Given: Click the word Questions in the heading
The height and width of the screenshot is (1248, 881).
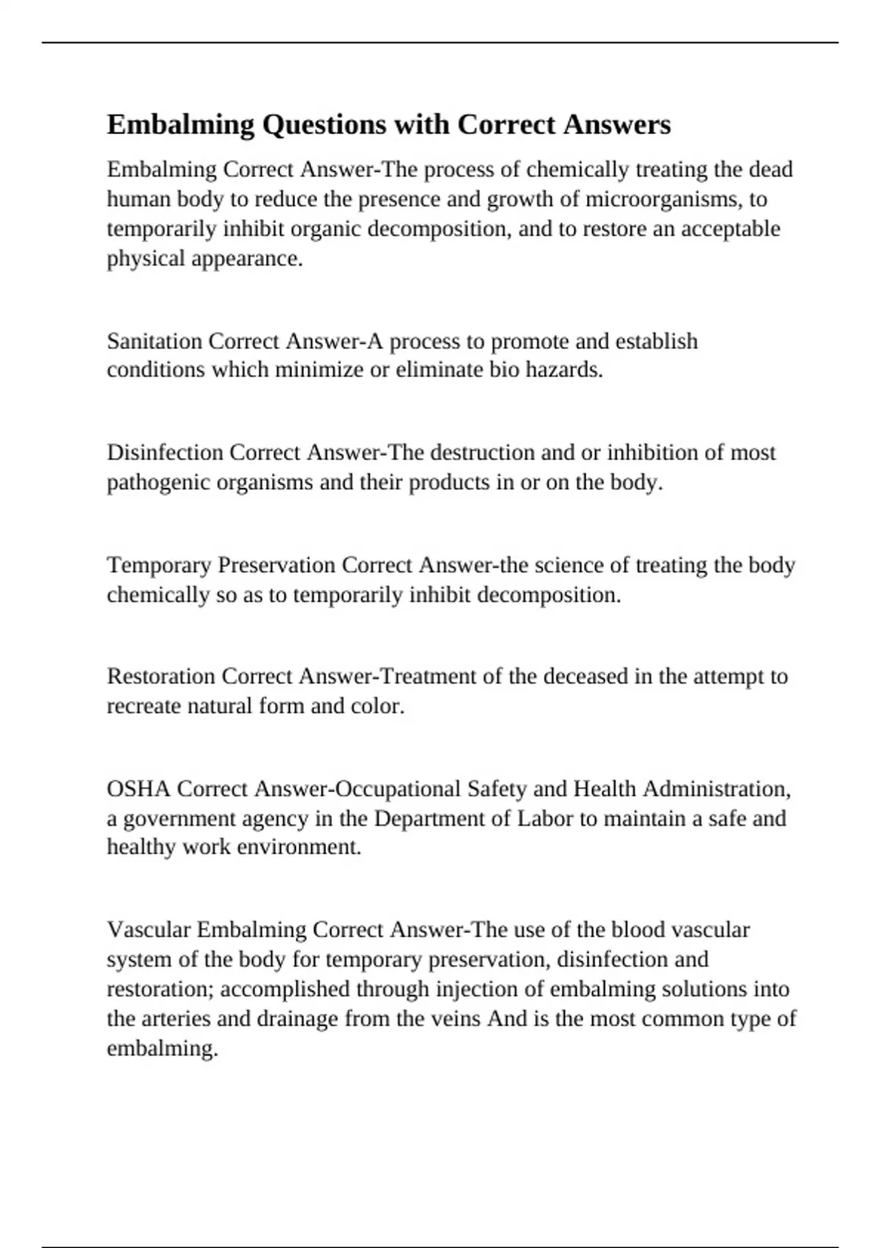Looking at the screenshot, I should [324, 125].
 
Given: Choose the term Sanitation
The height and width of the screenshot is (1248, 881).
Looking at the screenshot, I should [154, 341].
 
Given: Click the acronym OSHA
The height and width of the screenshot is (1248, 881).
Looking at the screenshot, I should [139, 789].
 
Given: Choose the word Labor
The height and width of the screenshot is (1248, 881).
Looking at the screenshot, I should [545, 819].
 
